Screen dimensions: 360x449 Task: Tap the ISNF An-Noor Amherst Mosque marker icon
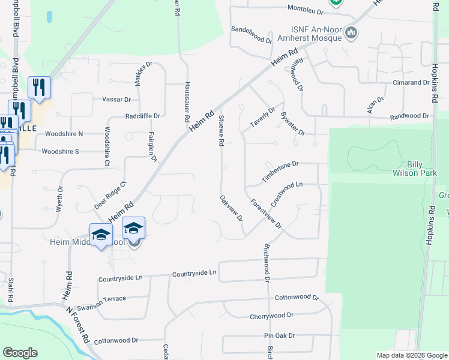(352, 33)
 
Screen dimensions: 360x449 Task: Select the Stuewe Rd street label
(221, 131)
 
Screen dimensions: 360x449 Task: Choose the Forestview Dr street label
(266, 214)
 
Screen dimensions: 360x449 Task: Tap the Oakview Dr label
(231, 208)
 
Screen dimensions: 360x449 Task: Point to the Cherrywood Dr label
(273, 315)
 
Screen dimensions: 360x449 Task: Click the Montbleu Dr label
(306, 10)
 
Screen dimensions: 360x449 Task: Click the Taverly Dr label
(262, 118)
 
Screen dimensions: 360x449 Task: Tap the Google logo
(20, 353)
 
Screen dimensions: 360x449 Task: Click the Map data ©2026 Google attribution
(411, 355)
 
